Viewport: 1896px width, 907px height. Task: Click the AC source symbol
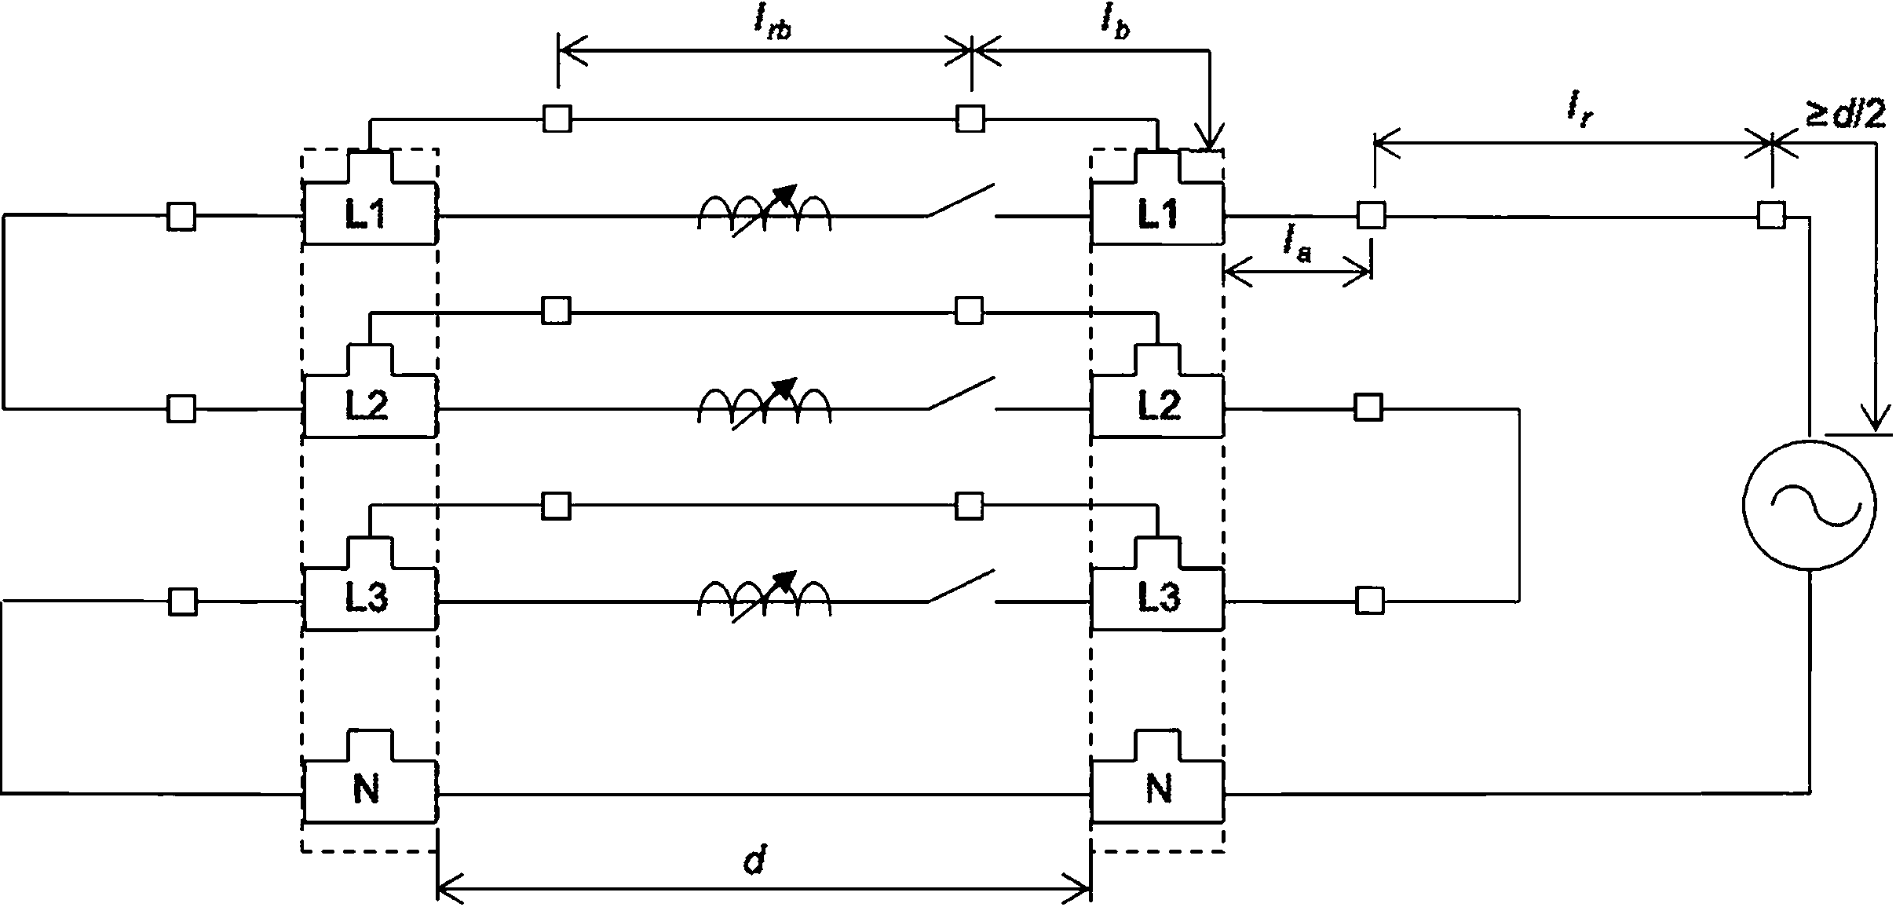pos(1809,503)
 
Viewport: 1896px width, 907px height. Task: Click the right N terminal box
pos(1157,777)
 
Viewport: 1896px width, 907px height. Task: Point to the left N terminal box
pos(370,777)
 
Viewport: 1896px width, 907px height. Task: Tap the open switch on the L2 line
pos(962,395)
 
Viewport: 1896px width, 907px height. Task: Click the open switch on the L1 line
pos(962,201)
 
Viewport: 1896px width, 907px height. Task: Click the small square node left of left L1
pos(182,216)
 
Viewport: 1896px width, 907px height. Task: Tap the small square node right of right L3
pos(1370,601)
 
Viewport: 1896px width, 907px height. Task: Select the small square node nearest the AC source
pos(1771,214)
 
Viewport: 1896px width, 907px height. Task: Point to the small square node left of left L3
pos(182,602)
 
